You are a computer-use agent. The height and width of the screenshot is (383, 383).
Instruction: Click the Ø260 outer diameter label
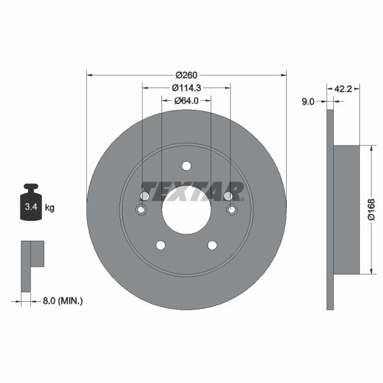click(x=186, y=74)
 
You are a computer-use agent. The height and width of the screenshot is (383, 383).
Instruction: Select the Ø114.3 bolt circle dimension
click(x=186, y=87)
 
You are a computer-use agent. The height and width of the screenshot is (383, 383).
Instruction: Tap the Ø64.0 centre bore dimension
click(x=186, y=100)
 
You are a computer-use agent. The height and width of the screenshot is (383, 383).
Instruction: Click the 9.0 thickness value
click(x=308, y=100)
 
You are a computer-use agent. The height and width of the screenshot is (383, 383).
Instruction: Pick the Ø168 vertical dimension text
click(x=371, y=209)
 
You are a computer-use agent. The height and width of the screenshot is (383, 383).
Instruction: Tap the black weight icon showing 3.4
click(x=30, y=204)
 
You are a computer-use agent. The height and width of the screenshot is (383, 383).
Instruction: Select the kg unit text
click(x=50, y=207)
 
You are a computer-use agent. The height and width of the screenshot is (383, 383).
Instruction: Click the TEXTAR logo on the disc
click(x=191, y=191)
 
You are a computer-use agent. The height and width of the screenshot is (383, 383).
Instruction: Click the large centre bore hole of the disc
click(x=186, y=210)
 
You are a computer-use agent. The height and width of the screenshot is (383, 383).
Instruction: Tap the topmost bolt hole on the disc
click(x=186, y=166)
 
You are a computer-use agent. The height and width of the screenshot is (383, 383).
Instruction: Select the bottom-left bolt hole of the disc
click(x=160, y=246)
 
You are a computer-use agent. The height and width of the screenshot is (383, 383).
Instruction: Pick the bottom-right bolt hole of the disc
click(x=212, y=246)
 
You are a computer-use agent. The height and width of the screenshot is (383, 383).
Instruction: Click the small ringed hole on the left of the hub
click(x=142, y=211)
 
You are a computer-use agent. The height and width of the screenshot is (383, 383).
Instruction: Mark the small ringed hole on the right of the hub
click(x=232, y=210)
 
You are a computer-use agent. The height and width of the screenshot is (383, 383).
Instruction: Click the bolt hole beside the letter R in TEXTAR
click(x=229, y=196)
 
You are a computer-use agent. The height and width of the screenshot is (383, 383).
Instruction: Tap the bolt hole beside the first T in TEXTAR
click(x=144, y=196)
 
